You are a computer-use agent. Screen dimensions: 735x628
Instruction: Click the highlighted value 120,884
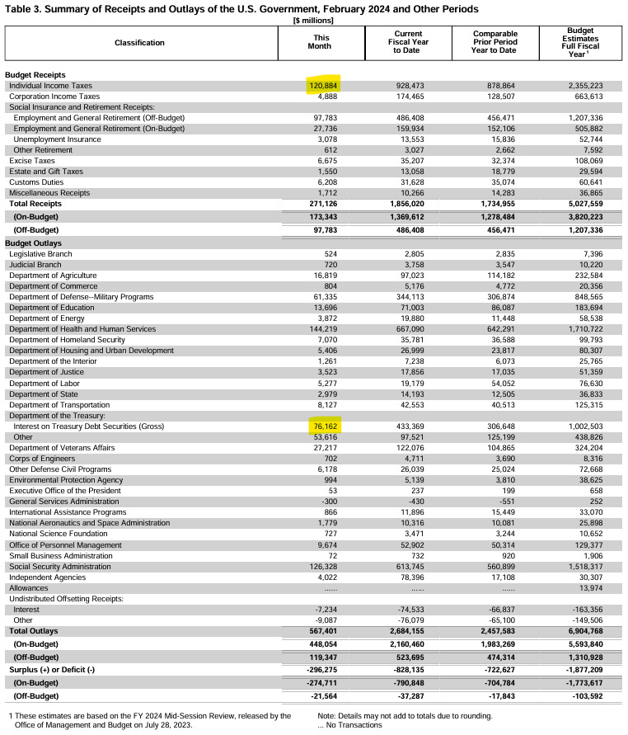tap(323, 86)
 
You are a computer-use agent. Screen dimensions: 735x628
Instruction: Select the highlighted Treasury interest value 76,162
tap(325, 426)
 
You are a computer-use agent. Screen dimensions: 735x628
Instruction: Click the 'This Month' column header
tap(322, 42)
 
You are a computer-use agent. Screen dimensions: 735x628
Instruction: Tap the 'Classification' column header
tap(139, 43)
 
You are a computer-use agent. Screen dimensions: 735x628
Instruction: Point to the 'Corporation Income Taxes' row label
tap(54, 97)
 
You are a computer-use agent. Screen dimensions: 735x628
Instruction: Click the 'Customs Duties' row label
tap(37, 181)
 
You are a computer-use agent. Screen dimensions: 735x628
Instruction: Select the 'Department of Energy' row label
tap(48, 318)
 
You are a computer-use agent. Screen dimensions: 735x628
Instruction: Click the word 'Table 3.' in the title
tap(28, 9)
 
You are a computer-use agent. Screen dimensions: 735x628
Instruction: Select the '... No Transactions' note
tap(349, 725)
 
